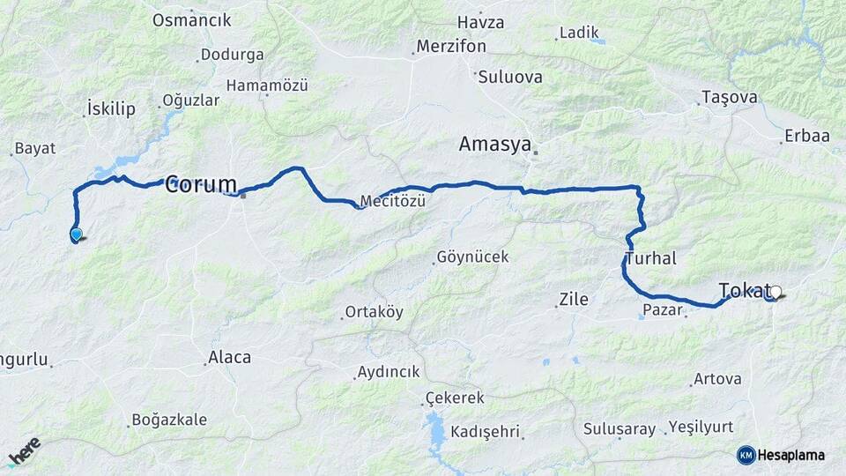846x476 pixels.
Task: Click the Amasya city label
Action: point(495,144)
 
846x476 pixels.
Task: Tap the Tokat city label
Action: point(744,290)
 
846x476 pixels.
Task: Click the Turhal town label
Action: point(650,258)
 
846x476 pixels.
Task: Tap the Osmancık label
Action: point(191,19)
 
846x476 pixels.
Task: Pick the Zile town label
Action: point(573,300)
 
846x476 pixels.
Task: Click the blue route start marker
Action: point(77,234)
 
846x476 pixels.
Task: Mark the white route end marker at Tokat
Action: point(775,291)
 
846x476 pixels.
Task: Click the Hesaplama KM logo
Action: point(781,455)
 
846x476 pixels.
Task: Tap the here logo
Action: point(24,451)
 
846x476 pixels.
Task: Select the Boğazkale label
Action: point(168,420)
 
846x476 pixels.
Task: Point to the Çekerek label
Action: point(455,398)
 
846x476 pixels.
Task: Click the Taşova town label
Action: point(729,97)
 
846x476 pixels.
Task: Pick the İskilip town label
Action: point(111,108)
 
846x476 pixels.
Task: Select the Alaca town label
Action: point(228,357)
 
